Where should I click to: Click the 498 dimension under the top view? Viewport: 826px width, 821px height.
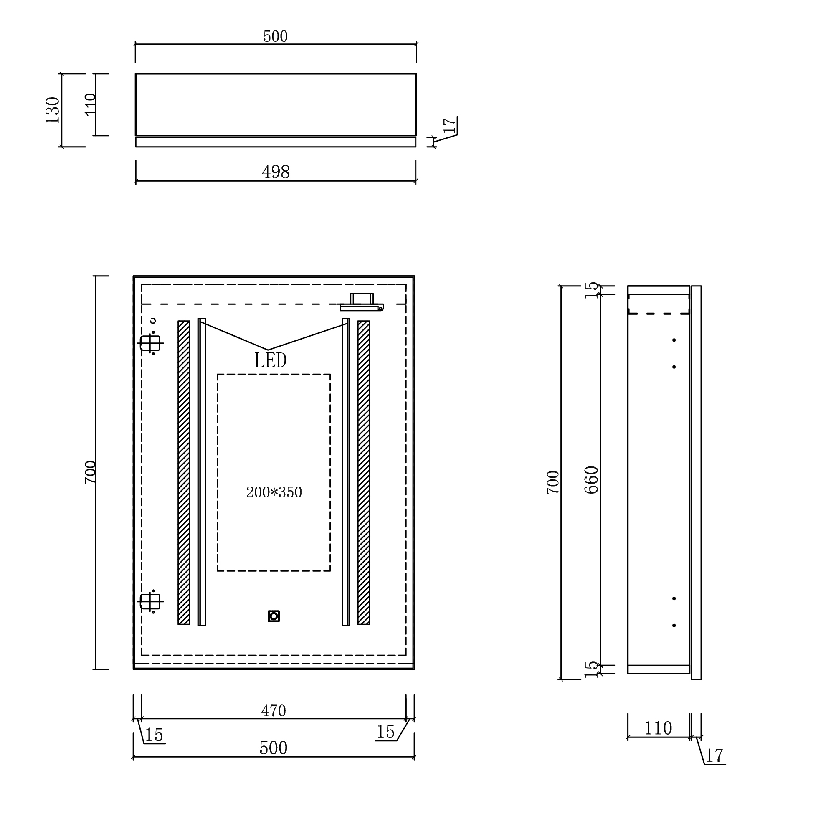click(x=275, y=172)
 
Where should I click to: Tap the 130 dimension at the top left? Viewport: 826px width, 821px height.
click(x=53, y=110)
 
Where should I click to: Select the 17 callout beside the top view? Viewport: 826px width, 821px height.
click(x=449, y=126)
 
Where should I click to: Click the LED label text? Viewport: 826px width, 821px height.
click(x=270, y=360)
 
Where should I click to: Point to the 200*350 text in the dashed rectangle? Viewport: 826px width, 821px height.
click(x=274, y=492)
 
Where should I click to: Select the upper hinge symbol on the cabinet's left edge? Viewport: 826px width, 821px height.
click(x=150, y=343)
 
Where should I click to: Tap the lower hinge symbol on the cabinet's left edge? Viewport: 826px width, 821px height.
click(x=150, y=601)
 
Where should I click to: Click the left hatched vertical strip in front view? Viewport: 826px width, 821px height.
click(x=184, y=472)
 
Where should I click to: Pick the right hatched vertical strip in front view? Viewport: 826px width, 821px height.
click(x=363, y=472)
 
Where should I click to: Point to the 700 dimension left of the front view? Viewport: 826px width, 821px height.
click(x=90, y=472)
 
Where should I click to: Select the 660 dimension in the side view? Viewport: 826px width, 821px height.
click(x=592, y=480)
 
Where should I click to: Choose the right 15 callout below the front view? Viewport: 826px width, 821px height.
click(x=385, y=732)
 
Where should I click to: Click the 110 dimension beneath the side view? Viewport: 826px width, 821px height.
click(x=658, y=728)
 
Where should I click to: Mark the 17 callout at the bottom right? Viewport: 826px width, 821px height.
click(x=714, y=756)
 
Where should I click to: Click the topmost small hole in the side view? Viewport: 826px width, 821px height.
click(x=674, y=340)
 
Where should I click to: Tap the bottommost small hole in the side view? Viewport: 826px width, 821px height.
click(x=674, y=625)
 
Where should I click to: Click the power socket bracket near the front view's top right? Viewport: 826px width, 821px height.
click(x=362, y=303)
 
